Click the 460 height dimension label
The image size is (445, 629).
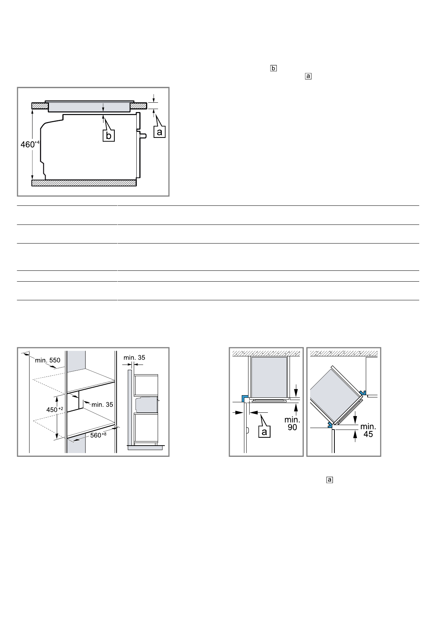pos(30,144)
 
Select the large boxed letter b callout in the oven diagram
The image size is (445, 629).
pos(108,136)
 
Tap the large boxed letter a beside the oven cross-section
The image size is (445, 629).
pos(159,132)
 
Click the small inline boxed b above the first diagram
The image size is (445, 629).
pos(274,68)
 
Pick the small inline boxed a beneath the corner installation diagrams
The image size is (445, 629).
pos(330,480)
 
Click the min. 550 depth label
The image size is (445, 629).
pos(47,360)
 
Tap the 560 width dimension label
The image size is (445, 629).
pos(98,435)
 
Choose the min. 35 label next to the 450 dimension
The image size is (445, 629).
pos(102,405)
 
